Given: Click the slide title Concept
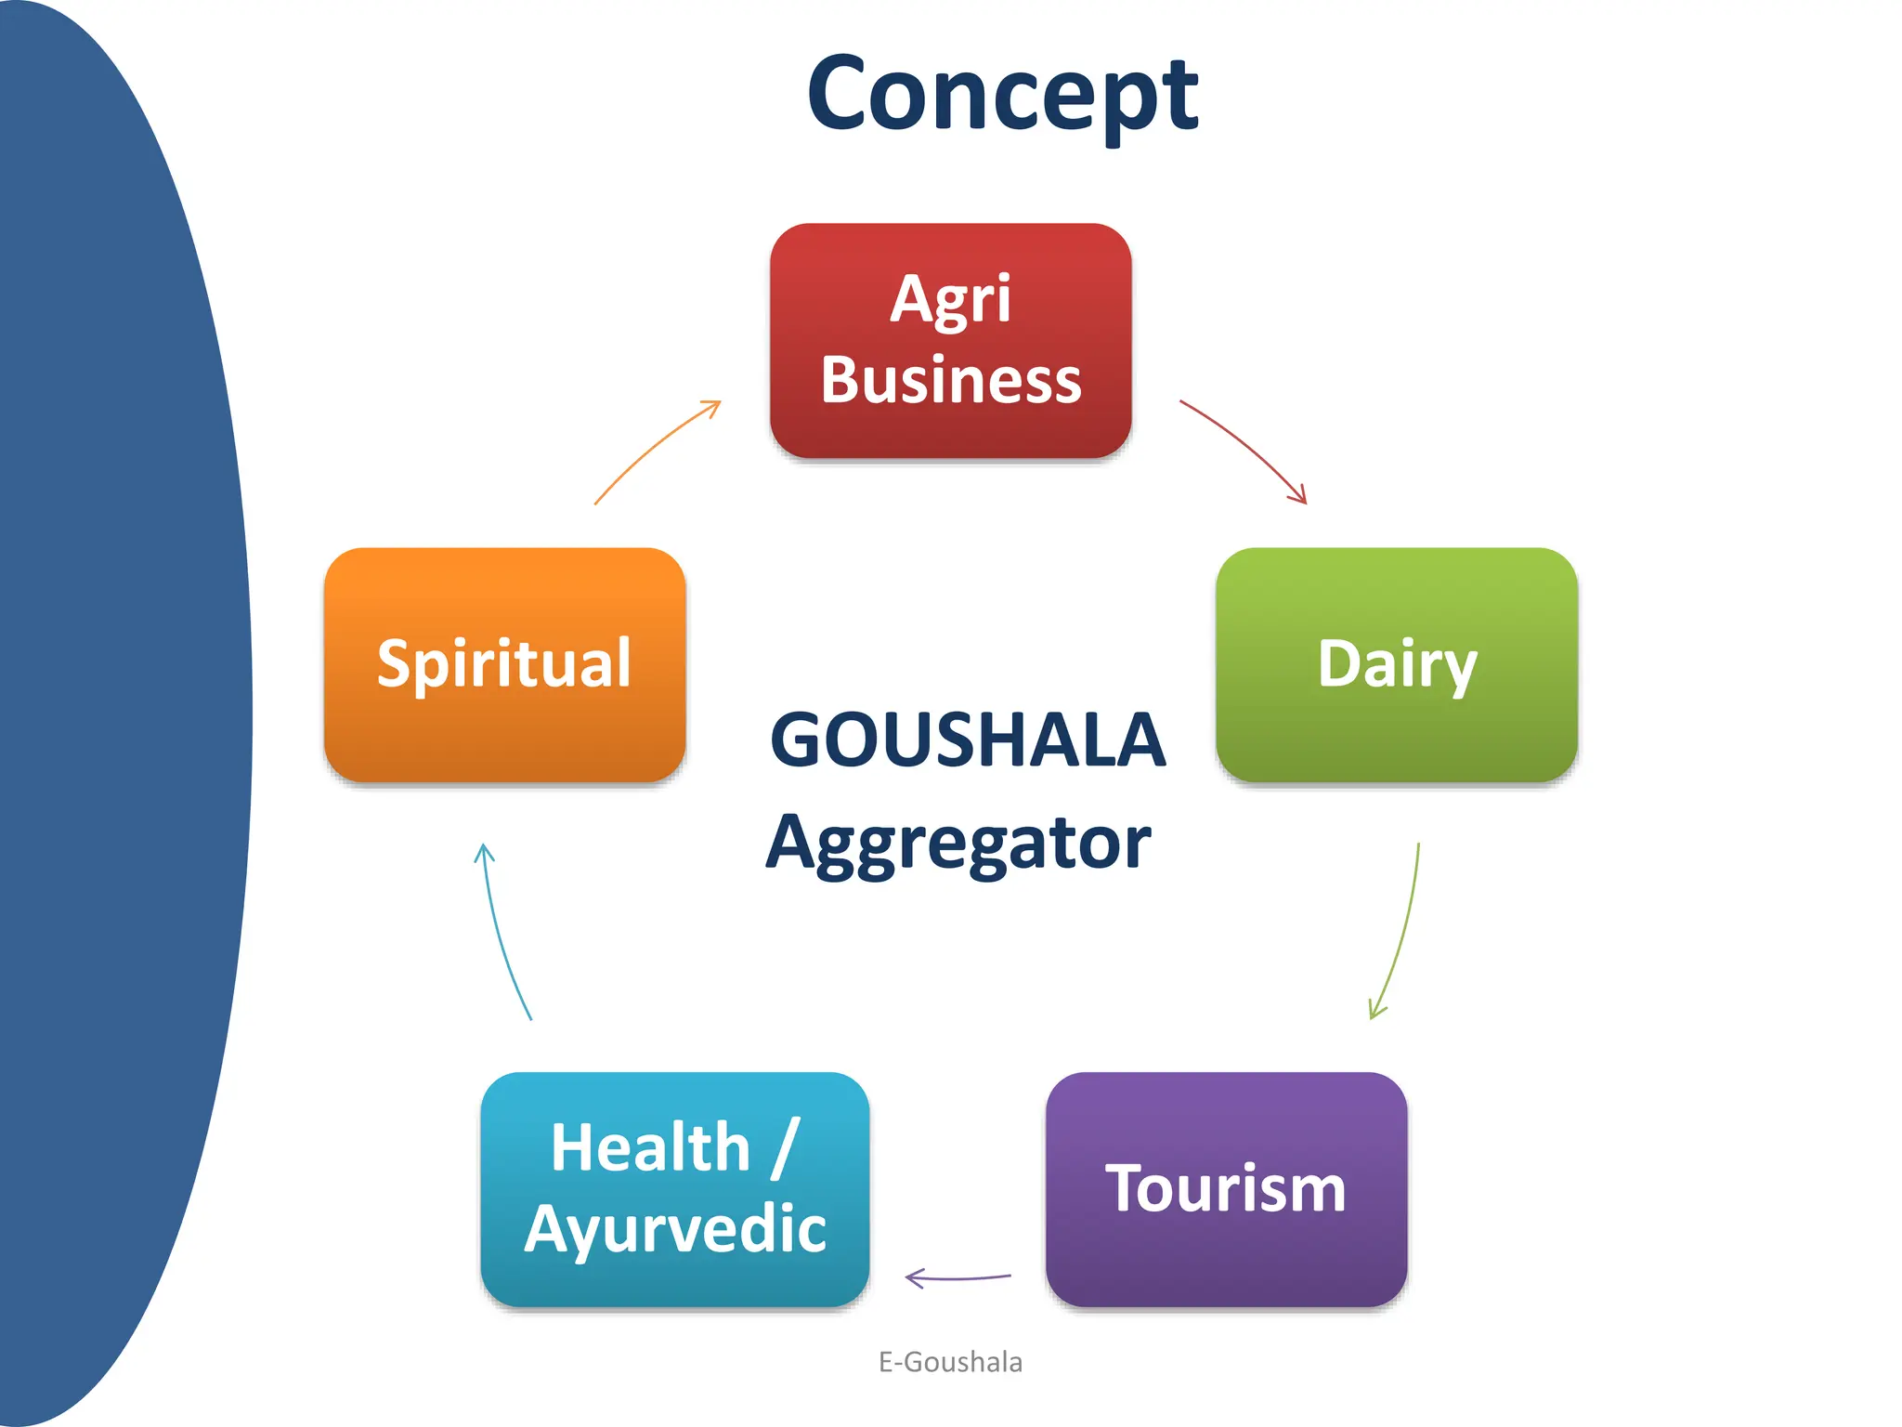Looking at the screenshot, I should coord(1002,95).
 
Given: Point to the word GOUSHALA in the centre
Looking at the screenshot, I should coord(967,740).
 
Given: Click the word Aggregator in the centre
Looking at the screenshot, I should coord(958,842).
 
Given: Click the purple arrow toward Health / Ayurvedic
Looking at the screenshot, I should coord(958,1278).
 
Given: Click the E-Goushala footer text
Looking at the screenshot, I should coord(950,1362).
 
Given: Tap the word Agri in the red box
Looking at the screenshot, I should coord(950,299).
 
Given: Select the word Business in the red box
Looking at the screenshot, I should coord(950,380).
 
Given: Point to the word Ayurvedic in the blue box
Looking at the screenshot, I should coord(675,1228).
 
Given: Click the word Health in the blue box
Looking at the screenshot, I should coord(650,1147).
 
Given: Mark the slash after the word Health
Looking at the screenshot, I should coord(786,1148).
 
